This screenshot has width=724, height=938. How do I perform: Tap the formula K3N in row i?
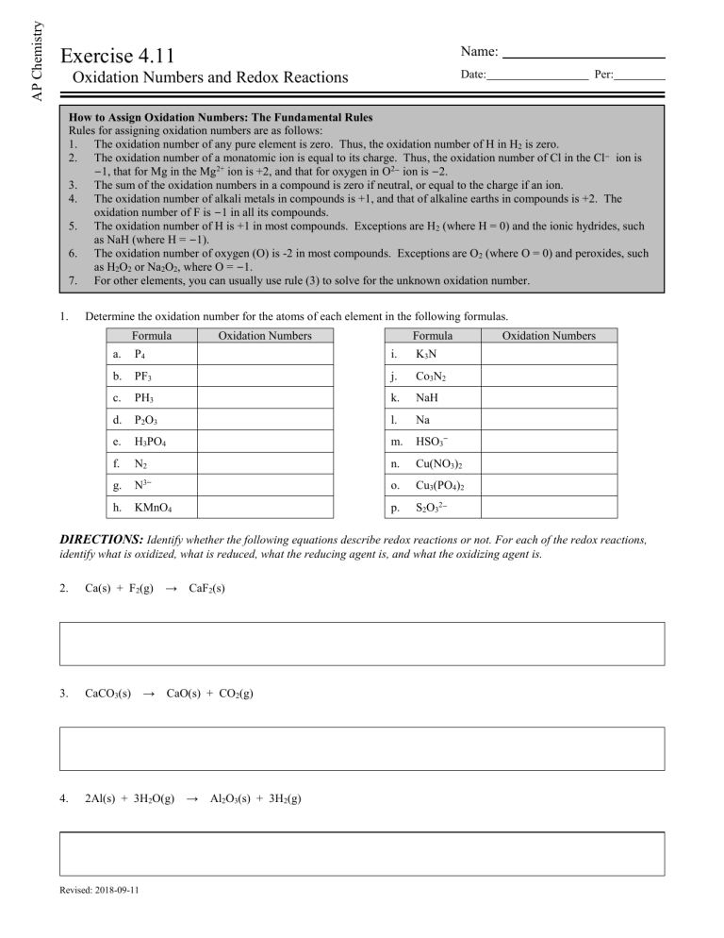pos(429,354)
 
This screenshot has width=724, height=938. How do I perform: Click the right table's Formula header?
pos(433,335)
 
